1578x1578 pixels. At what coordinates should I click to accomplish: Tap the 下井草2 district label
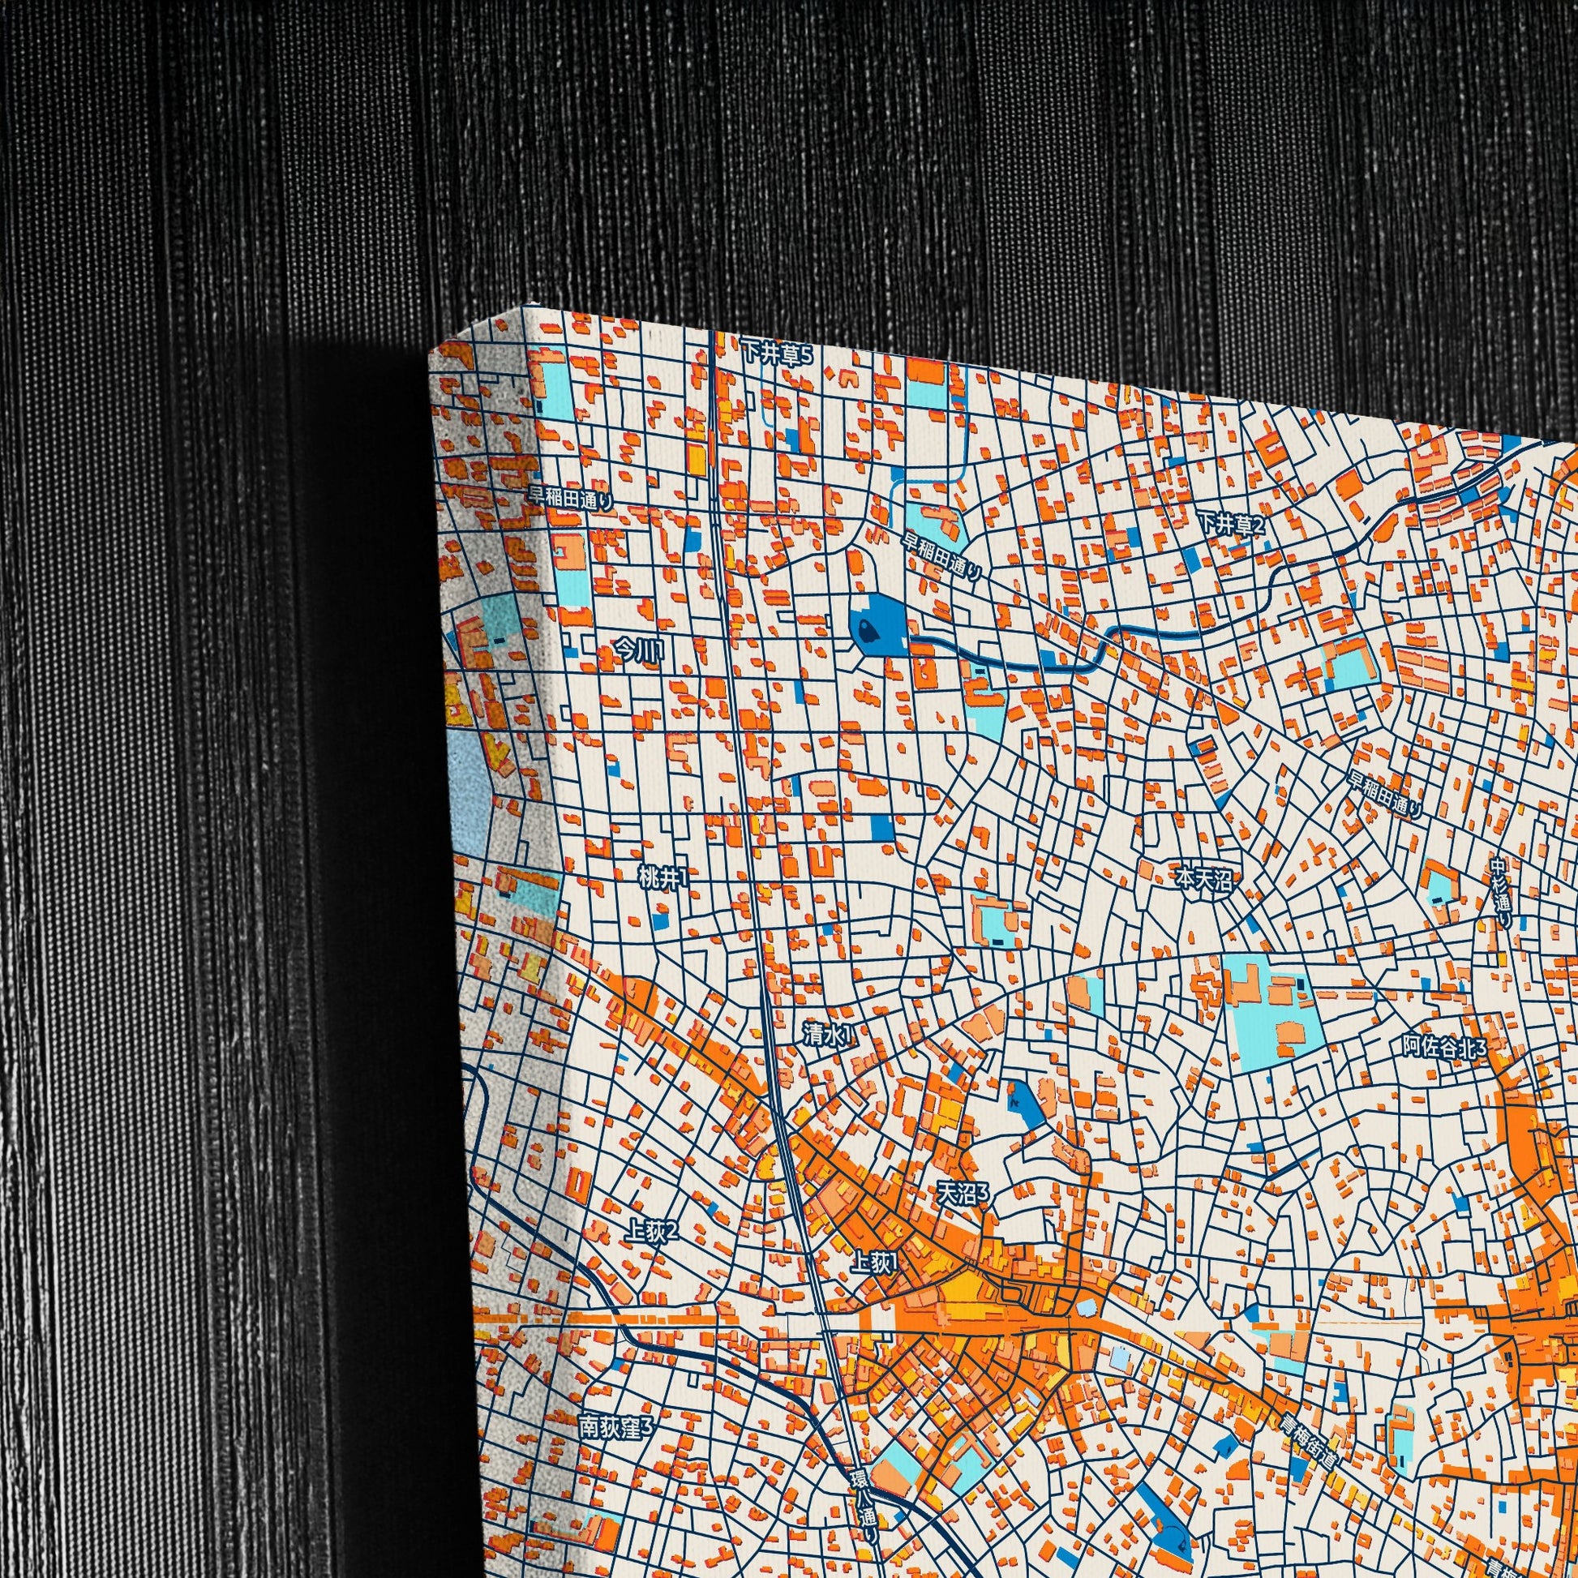coord(1231,524)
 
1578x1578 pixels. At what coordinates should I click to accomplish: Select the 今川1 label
coord(641,650)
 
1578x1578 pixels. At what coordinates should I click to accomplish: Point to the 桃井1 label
coord(663,878)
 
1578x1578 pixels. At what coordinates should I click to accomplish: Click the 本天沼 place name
coord(1203,879)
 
